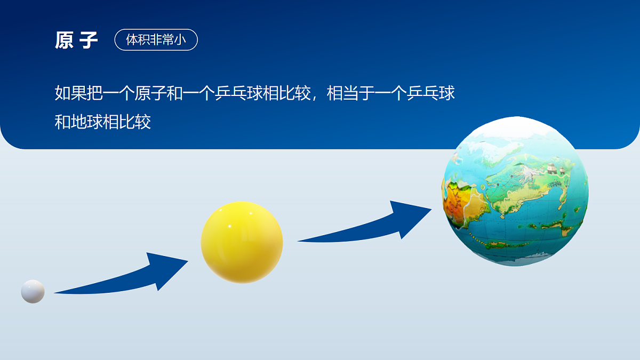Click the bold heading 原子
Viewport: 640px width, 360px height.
tap(76, 41)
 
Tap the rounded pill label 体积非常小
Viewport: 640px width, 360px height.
tap(156, 40)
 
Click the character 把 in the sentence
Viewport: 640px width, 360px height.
tap(94, 93)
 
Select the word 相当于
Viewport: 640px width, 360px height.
tap(350, 93)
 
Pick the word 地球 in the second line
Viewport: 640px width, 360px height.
tap(86, 122)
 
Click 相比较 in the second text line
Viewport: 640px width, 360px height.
tap(127, 122)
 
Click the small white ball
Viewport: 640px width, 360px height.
tap(33, 291)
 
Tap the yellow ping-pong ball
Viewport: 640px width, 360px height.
tap(242, 242)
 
